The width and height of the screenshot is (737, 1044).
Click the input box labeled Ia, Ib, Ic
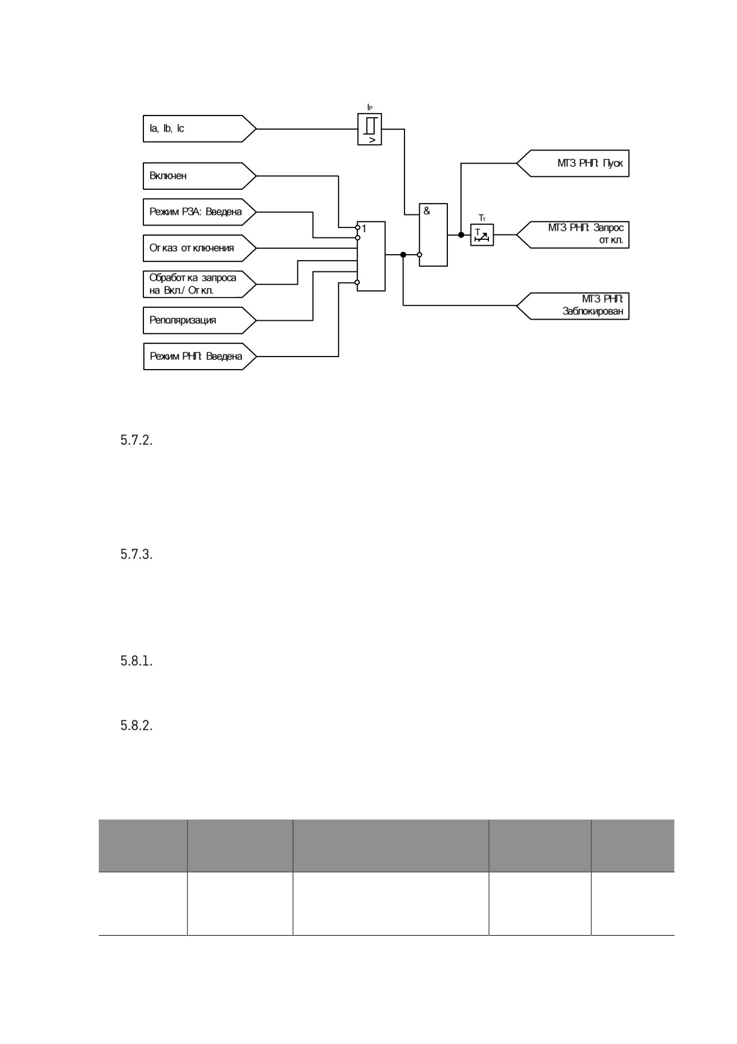200,129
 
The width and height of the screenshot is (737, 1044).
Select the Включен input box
200,176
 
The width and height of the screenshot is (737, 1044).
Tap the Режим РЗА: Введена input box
200,212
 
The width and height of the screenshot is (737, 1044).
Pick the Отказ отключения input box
200,248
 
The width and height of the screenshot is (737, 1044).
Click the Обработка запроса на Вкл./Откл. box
200,285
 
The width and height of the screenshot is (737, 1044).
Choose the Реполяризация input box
200,320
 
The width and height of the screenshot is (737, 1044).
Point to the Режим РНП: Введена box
200,357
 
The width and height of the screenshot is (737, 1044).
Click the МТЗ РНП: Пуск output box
573,163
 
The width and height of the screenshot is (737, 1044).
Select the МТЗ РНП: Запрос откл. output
573,235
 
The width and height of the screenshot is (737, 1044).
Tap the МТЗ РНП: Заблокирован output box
573,306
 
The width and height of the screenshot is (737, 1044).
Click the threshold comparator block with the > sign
369,130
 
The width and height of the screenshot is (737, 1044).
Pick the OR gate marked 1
371,256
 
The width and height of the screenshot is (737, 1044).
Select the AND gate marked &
434,235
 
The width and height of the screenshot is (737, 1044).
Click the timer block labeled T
482,235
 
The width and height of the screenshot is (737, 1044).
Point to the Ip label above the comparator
370,107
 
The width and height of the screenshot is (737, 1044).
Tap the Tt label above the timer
482,218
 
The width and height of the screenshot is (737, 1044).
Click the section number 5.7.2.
137,441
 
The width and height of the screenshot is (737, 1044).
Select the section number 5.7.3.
137,555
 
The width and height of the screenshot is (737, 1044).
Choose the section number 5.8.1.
137,661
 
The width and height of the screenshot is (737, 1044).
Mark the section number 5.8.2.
137,726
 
